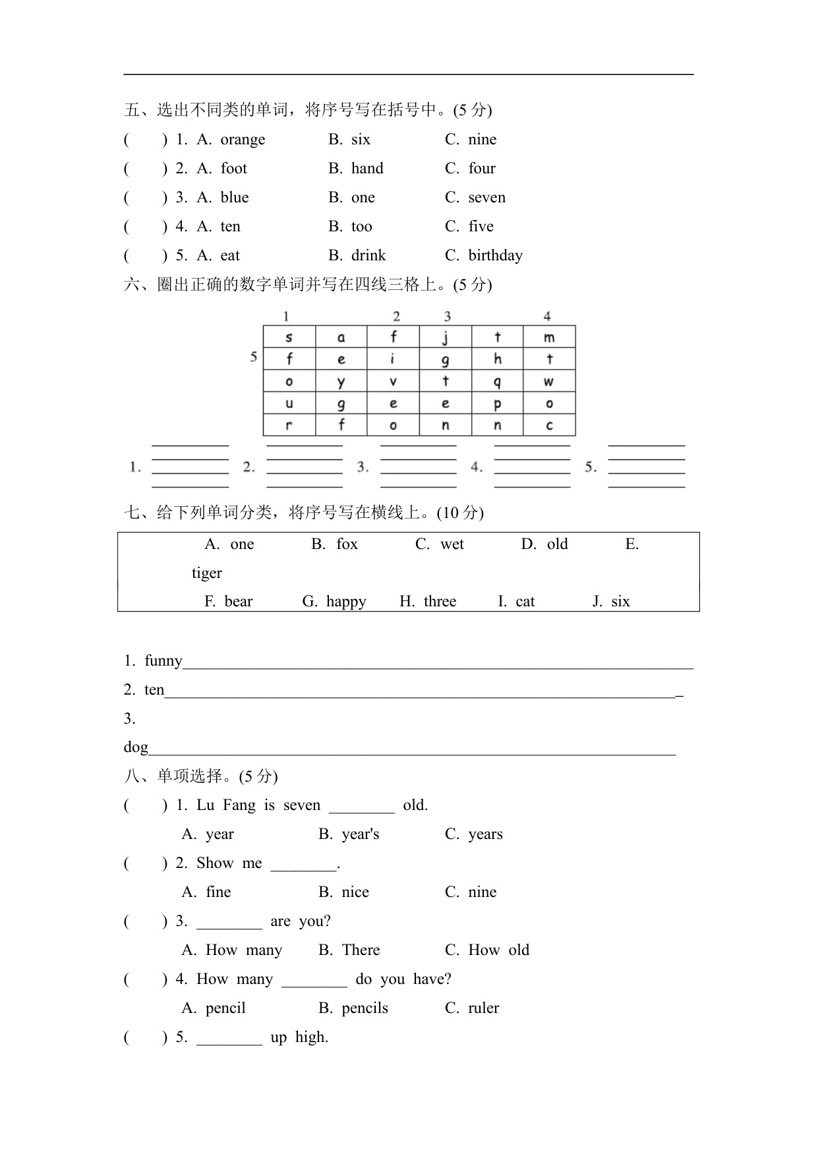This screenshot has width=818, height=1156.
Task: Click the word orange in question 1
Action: coord(243,140)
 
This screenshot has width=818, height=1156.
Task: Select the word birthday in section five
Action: coord(495,256)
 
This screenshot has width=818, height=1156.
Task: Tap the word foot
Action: coord(233,169)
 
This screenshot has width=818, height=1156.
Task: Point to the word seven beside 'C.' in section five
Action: coord(486,198)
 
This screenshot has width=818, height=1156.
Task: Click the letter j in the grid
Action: coord(446,337)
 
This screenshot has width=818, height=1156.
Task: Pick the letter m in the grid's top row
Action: coord(549,337)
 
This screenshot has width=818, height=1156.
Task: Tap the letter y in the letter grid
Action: coord(341,382)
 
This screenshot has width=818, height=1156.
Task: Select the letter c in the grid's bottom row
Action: coord(549,426)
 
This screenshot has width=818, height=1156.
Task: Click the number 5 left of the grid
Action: coord(254,357)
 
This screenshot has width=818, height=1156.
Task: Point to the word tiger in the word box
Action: coord(207,573)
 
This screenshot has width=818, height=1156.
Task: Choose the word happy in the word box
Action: coord(346,602)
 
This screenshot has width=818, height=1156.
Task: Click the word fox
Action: coord(347,544)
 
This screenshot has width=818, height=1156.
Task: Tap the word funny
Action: coord(163,661)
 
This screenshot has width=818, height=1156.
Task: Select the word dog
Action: coord(136,747)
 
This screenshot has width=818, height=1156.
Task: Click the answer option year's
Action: coord(361,834)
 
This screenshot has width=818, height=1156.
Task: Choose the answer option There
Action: coord(361,950)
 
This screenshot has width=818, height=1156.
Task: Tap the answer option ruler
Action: coord(483,1008)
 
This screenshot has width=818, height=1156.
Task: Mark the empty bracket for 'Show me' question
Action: coord(146,863)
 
